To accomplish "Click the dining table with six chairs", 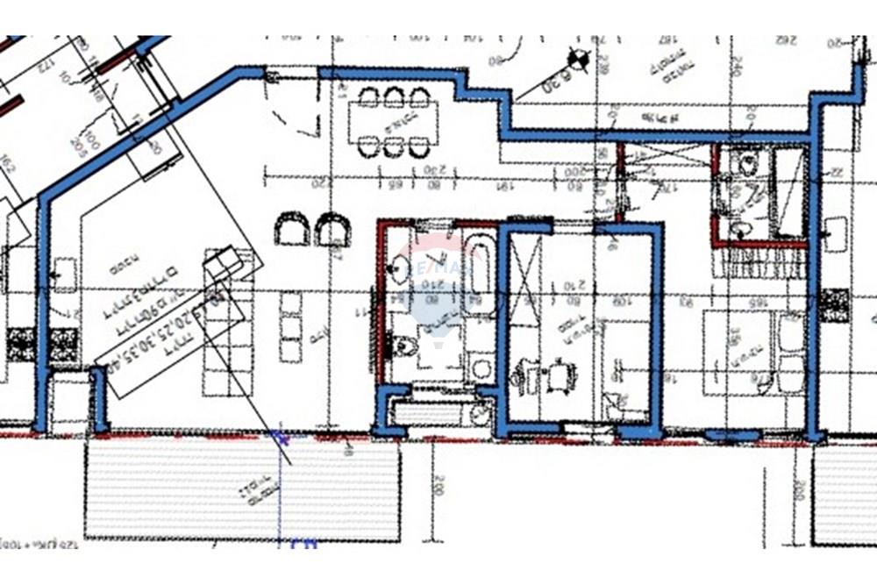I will [x=394, y=122].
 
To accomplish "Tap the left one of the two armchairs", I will [x=291, y=230].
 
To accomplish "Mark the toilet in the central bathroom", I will [x=406, y=345].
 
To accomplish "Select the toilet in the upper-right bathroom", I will [x=748, y=163].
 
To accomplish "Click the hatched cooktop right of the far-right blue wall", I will [x=835, y=303].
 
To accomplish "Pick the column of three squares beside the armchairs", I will [x=291, y=326].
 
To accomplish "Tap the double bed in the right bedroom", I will [x=754, y=351].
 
